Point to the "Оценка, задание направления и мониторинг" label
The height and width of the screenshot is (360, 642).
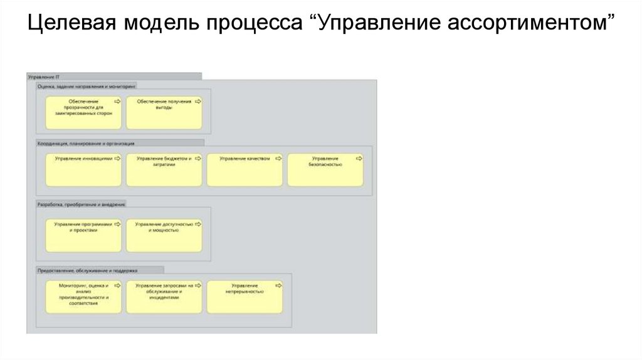[87, 85]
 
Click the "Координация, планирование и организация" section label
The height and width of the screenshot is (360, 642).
[86, 143]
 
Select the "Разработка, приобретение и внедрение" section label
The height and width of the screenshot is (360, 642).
[82, 204]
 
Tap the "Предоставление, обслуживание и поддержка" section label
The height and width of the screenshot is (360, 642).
[87, 270]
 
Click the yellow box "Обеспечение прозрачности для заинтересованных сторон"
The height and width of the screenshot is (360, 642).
[83, 112]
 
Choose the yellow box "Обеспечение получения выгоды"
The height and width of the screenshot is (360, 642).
[164, 112]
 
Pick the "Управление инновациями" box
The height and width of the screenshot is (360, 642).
[83, 170]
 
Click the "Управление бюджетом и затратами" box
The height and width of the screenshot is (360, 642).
[164, 170]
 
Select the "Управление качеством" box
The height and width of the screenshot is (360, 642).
[245, 170]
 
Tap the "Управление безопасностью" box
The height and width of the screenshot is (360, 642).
[325, 170]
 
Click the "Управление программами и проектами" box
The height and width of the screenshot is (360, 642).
[83, 235]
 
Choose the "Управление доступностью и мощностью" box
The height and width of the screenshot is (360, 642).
[164, 235]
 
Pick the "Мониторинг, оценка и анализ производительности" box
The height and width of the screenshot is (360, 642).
[83, 297]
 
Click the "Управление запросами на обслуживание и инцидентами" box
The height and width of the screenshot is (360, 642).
[164, 297]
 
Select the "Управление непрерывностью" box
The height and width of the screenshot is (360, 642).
[245, 297]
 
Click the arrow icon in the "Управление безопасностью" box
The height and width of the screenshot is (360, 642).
[358, 159]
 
